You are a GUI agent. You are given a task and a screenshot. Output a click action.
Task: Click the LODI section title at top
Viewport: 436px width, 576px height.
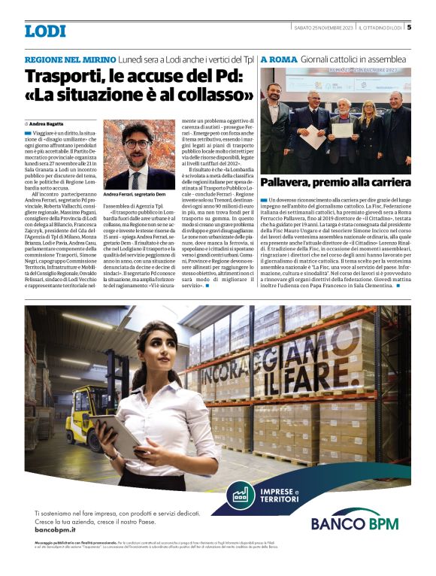45,31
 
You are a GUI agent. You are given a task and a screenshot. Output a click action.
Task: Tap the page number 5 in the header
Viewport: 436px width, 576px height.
409,29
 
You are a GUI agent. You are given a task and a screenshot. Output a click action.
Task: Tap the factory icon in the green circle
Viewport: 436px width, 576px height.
262,495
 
